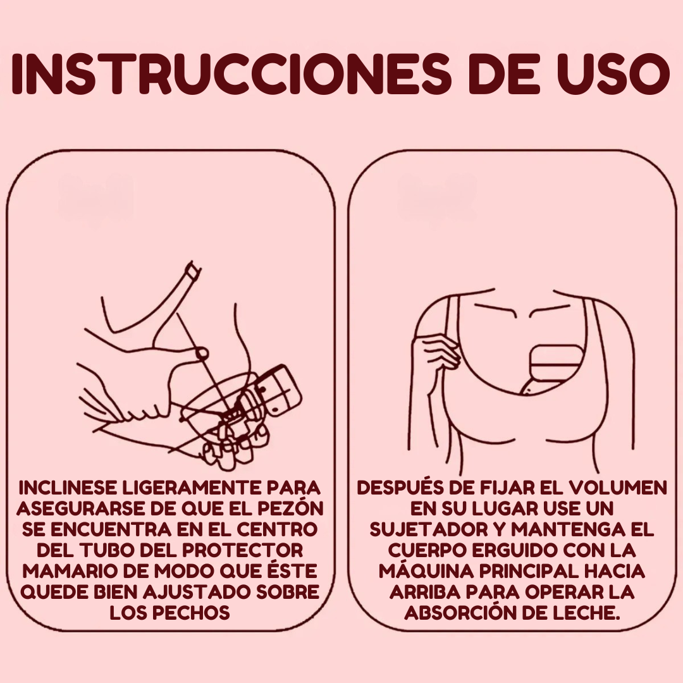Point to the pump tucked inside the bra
550,370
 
